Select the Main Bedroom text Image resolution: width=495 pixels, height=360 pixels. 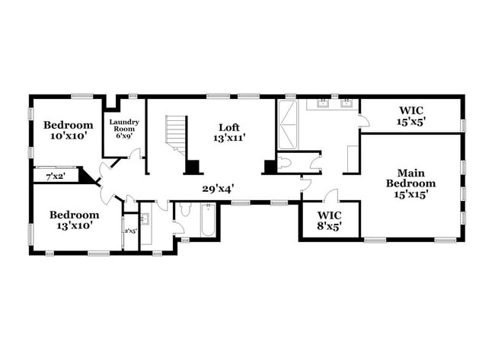coord(410,183)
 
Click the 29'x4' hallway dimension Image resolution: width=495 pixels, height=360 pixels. coord(217,186)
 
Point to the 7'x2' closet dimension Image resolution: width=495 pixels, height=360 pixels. coord(53,177)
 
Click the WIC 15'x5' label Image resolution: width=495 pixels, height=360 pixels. coord(410,115)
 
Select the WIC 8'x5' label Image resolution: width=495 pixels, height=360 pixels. coord(329,220)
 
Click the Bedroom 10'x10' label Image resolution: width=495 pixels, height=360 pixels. coord(68,130)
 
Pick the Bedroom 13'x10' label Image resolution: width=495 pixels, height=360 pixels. coord(74,220)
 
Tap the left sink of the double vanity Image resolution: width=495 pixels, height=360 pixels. coord(322,104)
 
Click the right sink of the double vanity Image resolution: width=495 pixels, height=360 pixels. coord(347,104)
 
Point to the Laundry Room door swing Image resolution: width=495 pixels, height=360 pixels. coord(135,155)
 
